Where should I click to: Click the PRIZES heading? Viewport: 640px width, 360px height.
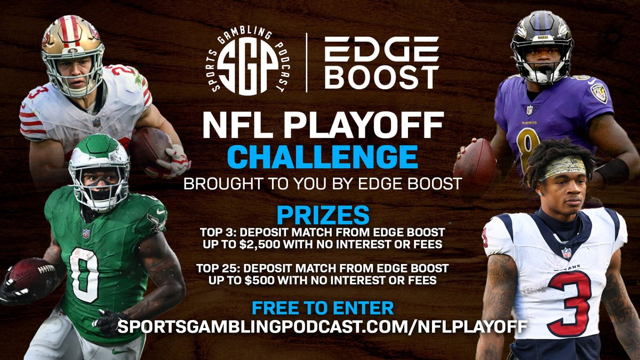323,215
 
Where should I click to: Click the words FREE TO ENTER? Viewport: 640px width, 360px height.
323,308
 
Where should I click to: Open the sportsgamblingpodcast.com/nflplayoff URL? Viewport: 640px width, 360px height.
323,326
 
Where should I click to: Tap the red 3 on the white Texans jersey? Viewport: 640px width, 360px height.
568,302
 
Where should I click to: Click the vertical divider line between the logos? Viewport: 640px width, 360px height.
306,63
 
